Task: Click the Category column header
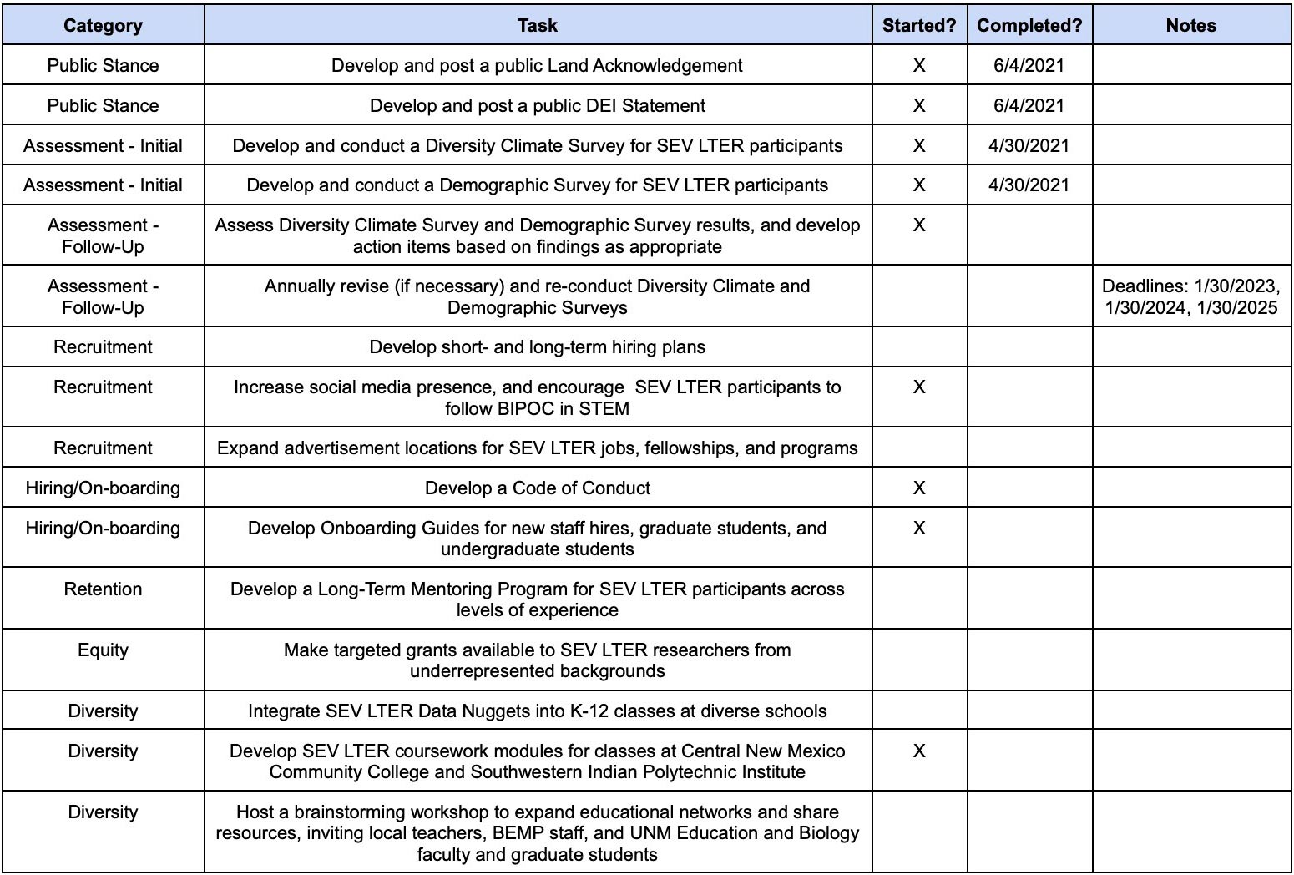click(103, 25)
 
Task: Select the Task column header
click(537, 25)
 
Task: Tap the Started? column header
click(918, 25)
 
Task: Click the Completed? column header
click(1029, 25)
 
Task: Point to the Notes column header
click(1190, 25)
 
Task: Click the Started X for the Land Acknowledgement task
click(918, 65)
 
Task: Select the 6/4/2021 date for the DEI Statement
click(1029, 105)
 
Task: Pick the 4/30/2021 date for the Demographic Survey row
click(1029, 185)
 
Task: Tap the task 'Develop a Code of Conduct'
click(537, 488)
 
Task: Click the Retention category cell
click(103, 589)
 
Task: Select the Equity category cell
click(103, 650)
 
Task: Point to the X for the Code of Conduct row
click(918, 488)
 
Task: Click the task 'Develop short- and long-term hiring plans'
click(537, 346)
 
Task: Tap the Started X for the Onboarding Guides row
click(918, 528)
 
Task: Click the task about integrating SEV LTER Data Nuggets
click(537, 711)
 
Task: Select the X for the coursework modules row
click(918, 751)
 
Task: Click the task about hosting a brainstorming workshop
click(537, 832)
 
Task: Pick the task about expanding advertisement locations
click(537, 448)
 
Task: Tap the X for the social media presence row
click(918, 387)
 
